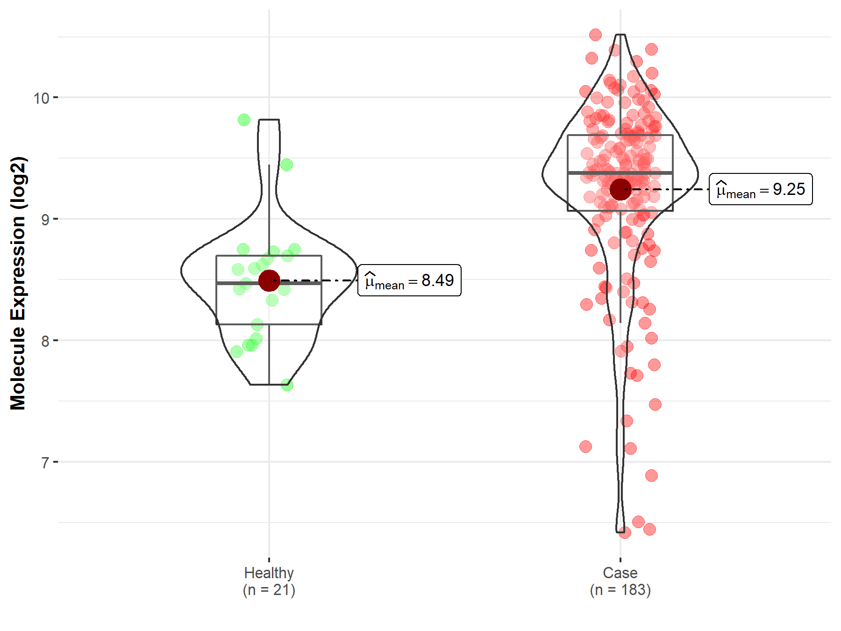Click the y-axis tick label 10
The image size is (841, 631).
pos(41,98)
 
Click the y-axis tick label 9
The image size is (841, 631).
pos(45,220)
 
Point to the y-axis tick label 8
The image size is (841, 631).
pos(45,341)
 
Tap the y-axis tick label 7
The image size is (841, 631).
pos(45,463)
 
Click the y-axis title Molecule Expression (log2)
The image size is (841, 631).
pos(18,283)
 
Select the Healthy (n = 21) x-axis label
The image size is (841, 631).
pos(269,581)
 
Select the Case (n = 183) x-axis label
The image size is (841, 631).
pos(620,581)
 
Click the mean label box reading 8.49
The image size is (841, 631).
pos(409,280)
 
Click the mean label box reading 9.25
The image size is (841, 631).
pos(761,189)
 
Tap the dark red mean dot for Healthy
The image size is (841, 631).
pos(269,280)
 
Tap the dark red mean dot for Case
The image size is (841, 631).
pos(620,189)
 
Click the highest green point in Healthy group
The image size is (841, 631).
pos(244,120)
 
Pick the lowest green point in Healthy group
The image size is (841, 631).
pos(287,385)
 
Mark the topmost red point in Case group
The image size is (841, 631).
pos(595,35)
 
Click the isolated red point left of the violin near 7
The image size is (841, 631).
pos(585,447)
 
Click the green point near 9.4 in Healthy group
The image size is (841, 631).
pos(286,165)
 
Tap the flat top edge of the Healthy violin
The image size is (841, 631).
pos(269,120)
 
